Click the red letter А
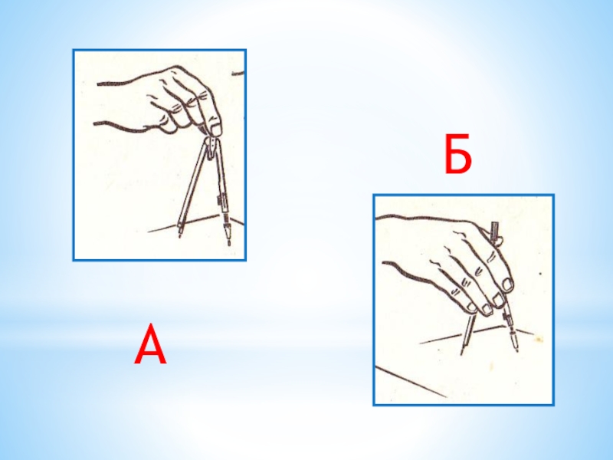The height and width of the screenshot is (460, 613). click(x=150, y=345)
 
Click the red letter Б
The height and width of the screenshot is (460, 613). click(x=457, y=154)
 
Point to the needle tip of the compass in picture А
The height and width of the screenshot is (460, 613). click(x=180, y=236)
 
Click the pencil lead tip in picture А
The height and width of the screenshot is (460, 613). click(x=229, y=243)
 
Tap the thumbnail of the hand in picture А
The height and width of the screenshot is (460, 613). click(x=215, y=128)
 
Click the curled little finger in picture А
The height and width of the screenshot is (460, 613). click(x=166, y=124)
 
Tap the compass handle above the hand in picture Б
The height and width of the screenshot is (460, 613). click(x=495, y=231)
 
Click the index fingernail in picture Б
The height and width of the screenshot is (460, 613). click(x=507, y=284)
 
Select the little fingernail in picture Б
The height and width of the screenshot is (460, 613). click(x=472, y=308)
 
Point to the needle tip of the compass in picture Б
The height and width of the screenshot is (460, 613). click(x=462, y=353)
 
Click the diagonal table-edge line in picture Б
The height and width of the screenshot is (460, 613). click(x=411, y=382)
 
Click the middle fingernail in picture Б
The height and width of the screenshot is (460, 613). click(x=498, y=301)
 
